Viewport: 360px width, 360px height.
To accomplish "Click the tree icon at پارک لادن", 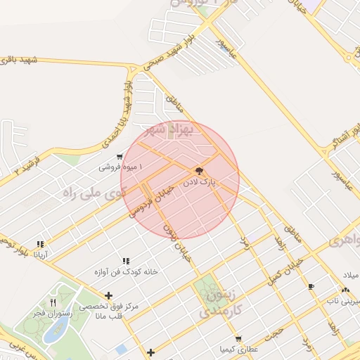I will coord(200,171).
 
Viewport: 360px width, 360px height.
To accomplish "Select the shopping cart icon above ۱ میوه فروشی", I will coord(120,157).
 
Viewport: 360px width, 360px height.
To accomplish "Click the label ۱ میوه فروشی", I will coord(120,167).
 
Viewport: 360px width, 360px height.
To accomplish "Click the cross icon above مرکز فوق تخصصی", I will coord(108,296).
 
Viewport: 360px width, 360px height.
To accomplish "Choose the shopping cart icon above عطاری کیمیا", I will coord(239,339).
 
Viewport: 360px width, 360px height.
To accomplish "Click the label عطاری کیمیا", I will coord(239,349).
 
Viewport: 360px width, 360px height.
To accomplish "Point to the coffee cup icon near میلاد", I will coord(311,286).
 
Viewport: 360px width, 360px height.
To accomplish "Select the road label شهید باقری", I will coord(18,62).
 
